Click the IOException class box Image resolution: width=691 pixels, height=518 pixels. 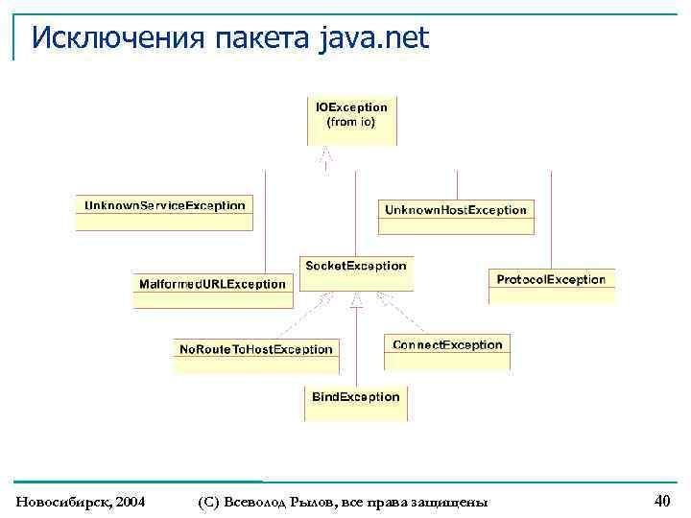pyautogui.click(x=351, y=121)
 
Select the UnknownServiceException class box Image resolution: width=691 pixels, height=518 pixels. pyautogui.click(x=164, y=212)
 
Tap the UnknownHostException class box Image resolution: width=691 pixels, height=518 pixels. pyautogui.click(x=456, y=216)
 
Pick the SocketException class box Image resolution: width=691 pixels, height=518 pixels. pyautogui.click(x=355, y=272)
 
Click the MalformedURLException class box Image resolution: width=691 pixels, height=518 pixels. pyautogui.click(x=213, y=291)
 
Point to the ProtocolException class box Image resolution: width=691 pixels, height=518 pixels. pyautogui.click(x=551, y=286)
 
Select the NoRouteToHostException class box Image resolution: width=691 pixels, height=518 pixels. pyautogui.click(x=256, y=356)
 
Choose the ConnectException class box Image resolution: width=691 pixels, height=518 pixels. pyautogui.click(x=447, y=351)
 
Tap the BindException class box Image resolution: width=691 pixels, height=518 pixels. pyautogui.click(x=356, y=403)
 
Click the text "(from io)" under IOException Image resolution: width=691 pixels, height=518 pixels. pyautogui.click(x=351, y=123)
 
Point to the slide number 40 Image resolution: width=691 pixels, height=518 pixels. pyautogui.click(x=661, y=500)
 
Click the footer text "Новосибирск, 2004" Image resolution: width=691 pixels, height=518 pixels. pyautogui.click(x=81, y=502)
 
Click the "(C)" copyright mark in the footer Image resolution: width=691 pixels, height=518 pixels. pyautogui.click(x=210, y=502)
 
